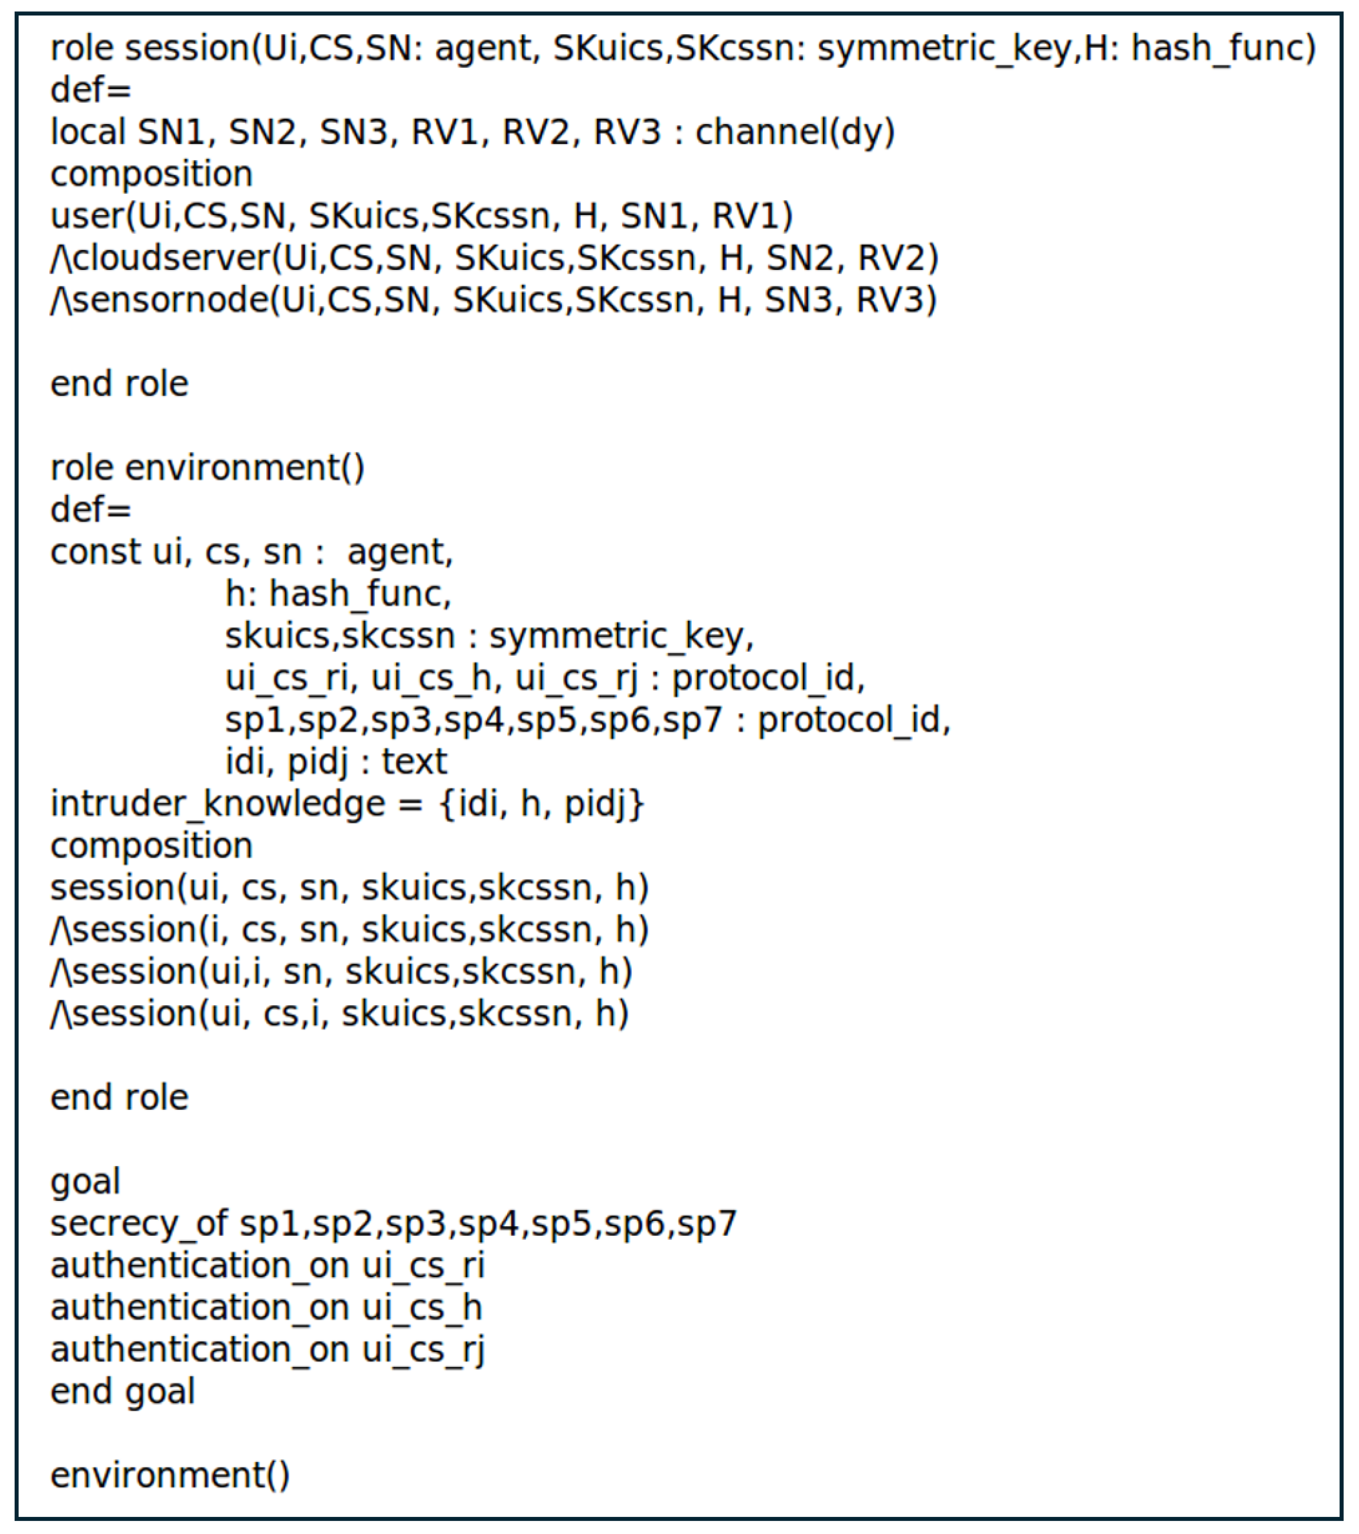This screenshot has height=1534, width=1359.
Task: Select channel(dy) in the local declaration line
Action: [x=795, y=133]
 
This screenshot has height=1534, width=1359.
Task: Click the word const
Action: [x=94, y=552]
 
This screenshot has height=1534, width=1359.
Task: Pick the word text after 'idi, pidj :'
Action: [x=414, y=763]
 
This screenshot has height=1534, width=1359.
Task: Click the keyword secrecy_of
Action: [x=139, y=1224]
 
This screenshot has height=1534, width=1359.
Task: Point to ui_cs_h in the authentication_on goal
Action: [x=422, y=1308]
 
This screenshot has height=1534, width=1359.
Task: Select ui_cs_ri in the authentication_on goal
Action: [x=424, y=1266]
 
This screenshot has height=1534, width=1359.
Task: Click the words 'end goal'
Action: [x=122, y=1392]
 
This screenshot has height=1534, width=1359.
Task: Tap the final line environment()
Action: [x=169, y=1476]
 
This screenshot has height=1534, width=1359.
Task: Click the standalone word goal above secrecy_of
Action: [x=85, y=1183]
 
